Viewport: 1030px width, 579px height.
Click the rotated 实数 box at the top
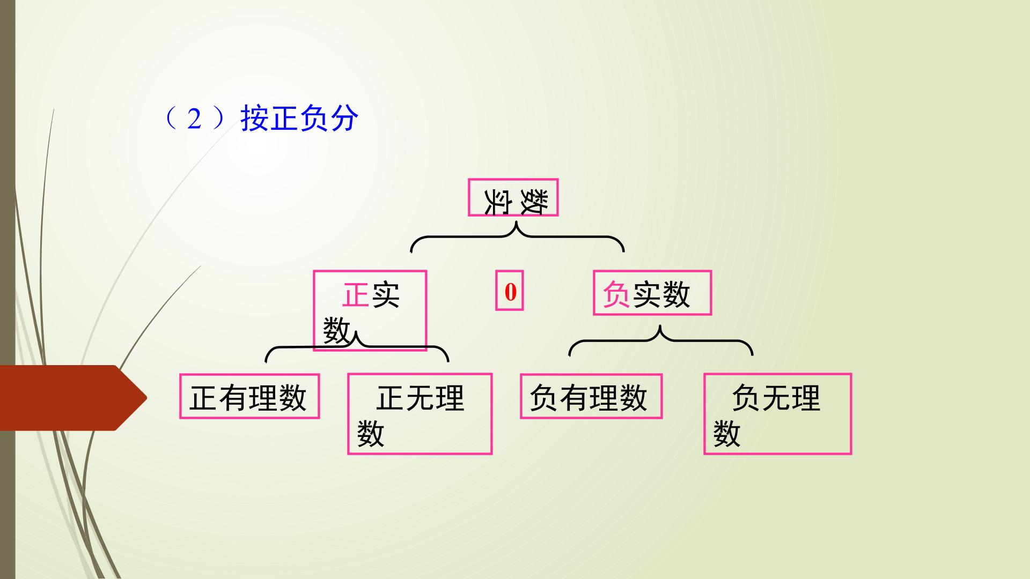point(513,197)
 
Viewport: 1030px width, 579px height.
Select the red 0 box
point(509,292)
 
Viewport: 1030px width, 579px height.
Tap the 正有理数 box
point(249,396)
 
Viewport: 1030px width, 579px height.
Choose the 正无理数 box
point(420,414)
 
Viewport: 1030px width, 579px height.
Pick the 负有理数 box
point(591,396)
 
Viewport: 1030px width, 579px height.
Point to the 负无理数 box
point(777,414)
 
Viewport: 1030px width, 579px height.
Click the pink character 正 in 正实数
point(356,295)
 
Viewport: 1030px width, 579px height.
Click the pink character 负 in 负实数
point(616,294)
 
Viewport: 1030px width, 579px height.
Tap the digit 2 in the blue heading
point(194,119)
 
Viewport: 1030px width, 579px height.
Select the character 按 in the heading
point(255,118)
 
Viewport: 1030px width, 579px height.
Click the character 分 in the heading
point(344,118)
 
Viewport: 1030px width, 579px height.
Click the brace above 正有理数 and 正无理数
point(357,347)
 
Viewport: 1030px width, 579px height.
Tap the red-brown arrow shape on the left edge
point(73,398)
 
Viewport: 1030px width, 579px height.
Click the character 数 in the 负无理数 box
point(727,434)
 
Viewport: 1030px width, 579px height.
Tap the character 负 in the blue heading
point(314,118)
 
